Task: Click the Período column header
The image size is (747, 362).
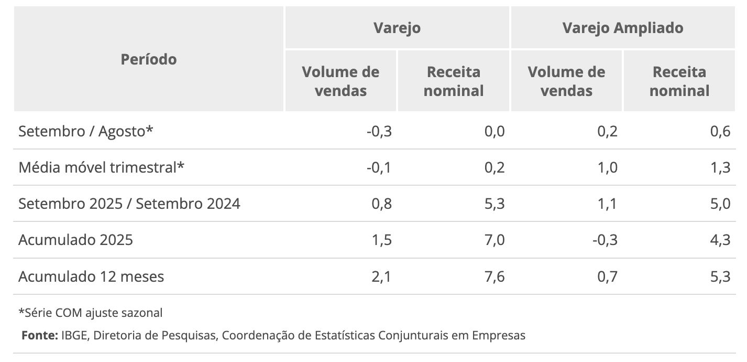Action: [x=149, y=59]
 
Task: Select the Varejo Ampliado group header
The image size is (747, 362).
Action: [x=622, y=28]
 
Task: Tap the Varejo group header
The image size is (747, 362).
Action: [x=397, y=28]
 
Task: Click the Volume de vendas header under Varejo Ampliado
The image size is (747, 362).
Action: [x=566, y=81]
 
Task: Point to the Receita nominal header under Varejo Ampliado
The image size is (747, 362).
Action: [x=679, y=81]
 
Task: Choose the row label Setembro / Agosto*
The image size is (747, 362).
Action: [x=86, y=131]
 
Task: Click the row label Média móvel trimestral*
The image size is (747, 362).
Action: [x=102, y=168]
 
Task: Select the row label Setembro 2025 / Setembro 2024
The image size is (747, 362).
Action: [x=129, y=204]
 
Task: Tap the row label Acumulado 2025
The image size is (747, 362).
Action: [x=75, y=240]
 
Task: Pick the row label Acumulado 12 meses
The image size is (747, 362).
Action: [x=91, y=276]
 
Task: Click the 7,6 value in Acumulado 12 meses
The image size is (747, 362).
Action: [x=494, y=276]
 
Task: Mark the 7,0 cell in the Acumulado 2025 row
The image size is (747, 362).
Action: [x=494, y=240]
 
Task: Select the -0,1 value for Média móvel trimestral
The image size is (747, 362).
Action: [x=379, y=168]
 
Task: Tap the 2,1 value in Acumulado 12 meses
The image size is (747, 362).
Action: [x=381, y=276]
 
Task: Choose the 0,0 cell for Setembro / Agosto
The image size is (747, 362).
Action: [x=494, y=131]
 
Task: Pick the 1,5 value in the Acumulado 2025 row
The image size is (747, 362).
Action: [x=381, y=240]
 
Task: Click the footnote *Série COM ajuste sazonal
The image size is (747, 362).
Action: [x=91, y=313]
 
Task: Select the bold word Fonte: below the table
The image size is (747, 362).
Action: [x=40, y=335]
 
